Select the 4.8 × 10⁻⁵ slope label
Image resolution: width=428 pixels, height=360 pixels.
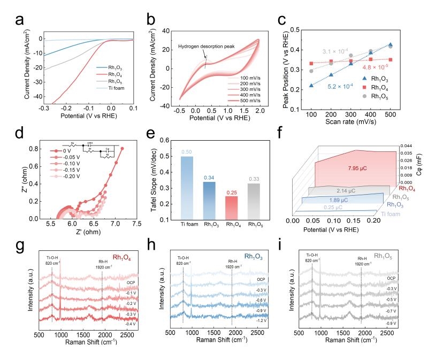point(375,67)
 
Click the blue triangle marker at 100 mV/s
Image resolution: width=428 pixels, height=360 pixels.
point(311,85)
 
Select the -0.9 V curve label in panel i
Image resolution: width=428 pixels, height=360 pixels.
point(392,324)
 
